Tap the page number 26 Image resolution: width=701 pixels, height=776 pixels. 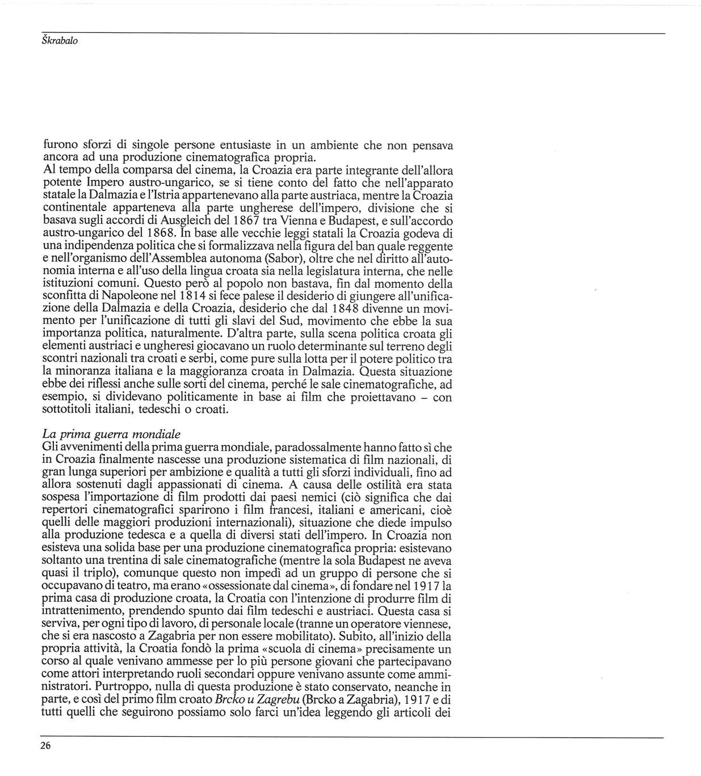pyautogui.click(x=46, y=746)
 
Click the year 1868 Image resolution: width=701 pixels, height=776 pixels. pyautogui.click(x=159, y=233)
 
